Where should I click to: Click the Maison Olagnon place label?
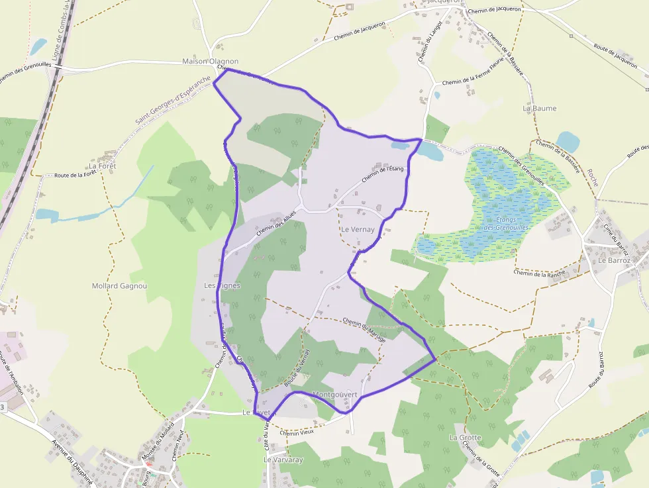coord(210,62)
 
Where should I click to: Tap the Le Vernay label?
coord(358,229)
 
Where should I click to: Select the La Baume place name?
coord(540,108)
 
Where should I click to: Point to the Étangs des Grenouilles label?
coord(507,224)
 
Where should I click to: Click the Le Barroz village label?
coord(613,260)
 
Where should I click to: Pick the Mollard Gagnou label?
coord(119,286)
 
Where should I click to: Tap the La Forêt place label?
coord(102,166)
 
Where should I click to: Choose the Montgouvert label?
coord(334,395)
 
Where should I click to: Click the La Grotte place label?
coord(465,438)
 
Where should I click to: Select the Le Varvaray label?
coord(283,460)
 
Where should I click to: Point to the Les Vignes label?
coord(222,285)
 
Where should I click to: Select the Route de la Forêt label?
coord(75,175)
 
